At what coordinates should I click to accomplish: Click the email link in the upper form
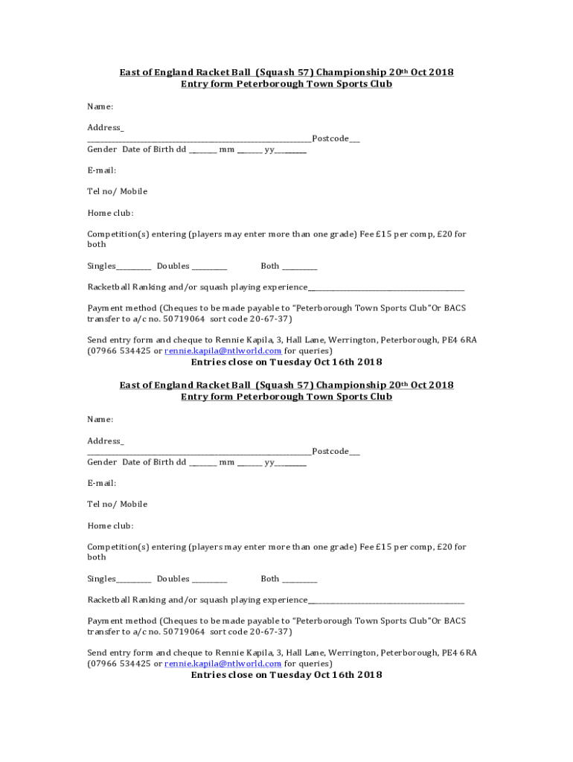[x=223, y=350]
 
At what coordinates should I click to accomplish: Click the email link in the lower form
[x=223, y=664]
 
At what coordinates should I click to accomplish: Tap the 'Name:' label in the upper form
[x=100, y=106]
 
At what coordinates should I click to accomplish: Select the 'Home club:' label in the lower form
[x=110, y=526]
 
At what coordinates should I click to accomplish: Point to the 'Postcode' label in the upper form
[x=330, y=138]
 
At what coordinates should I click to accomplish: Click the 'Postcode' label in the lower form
[x=330, y=452]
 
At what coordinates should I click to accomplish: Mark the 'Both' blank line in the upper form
[x=299, y=267]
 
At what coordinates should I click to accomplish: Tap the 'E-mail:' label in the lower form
[x=101, y=483]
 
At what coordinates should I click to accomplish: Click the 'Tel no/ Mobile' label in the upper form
[x=117, y=191]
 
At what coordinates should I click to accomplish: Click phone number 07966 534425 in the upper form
[x=121, y=350]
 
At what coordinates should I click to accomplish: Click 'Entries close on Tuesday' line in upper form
[x=286, y=362]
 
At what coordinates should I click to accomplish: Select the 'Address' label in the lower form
[x=105, y=441]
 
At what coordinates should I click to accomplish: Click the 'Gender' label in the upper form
[x=102, y=150]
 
